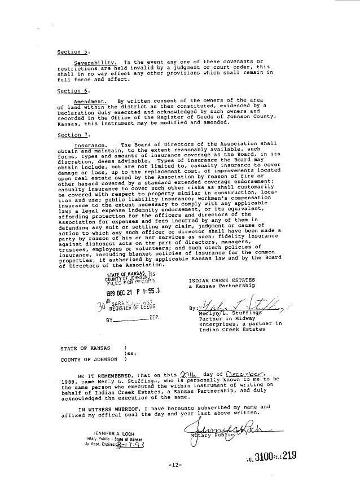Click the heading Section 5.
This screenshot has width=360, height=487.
tap(70, 52)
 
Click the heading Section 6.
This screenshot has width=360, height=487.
tap(70, 90)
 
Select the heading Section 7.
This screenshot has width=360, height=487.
tap(70, 135)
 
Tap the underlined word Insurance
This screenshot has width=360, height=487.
tap(89, 145)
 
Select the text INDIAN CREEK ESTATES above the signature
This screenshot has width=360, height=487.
tap(221, 280)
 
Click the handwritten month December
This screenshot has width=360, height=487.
tap(243, 374)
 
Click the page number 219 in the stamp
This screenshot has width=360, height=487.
tap(288, 454)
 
